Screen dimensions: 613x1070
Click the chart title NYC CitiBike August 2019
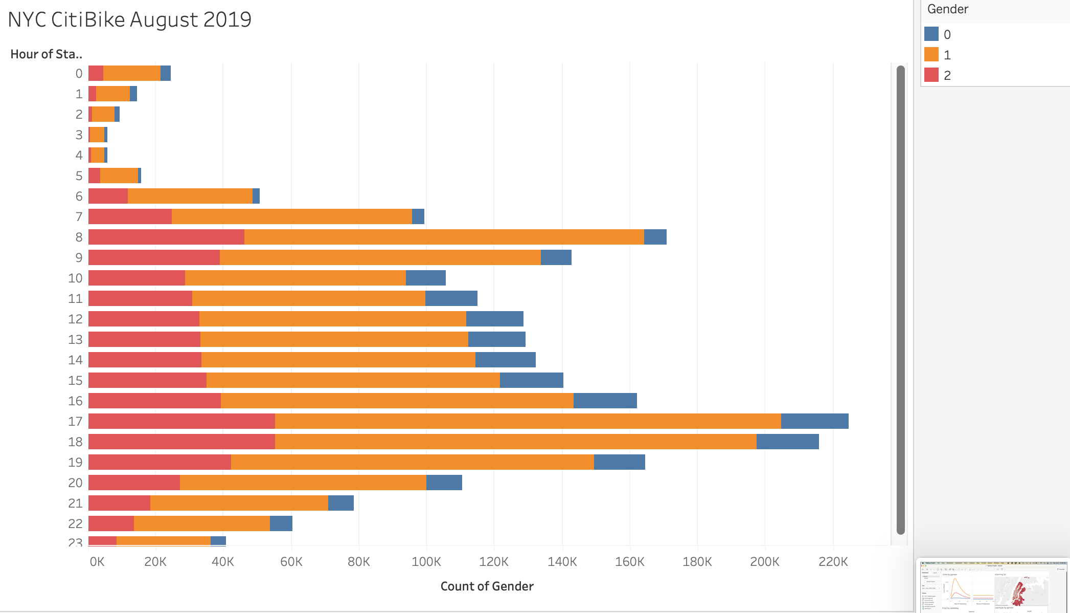click(x=130, y=19)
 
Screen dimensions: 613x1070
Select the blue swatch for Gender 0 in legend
click(x=931, y=34)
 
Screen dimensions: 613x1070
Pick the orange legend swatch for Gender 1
click(x=931, y=55)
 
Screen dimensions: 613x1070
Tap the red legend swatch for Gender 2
click(x=931, y=75)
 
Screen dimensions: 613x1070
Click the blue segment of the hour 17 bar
click(x=814, y=421)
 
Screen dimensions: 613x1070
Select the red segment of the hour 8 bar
click(x=166, y=237)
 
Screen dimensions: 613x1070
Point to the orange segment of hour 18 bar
click(x=515, y=442)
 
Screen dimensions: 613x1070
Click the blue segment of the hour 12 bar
click(x=494, y=319)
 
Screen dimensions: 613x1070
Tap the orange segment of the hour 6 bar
click(x=190, y=196)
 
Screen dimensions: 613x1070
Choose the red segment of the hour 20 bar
click(x=134, y=483)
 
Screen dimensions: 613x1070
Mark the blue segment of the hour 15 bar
click(x=531, y=380)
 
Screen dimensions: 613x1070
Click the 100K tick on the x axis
click(x=426, y=562)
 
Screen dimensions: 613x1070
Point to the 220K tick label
click(x=833, y=562)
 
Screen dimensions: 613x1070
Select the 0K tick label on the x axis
click(x=97, y=562)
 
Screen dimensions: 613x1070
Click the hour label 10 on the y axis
click(x=75, y=278)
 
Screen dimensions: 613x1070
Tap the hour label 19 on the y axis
click(x=75, y=462)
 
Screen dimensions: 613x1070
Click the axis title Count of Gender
click(x=487, y=586)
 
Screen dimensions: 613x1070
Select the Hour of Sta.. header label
click(x=46, y=54)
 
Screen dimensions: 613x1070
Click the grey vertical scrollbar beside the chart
click(x=901, y=300)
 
